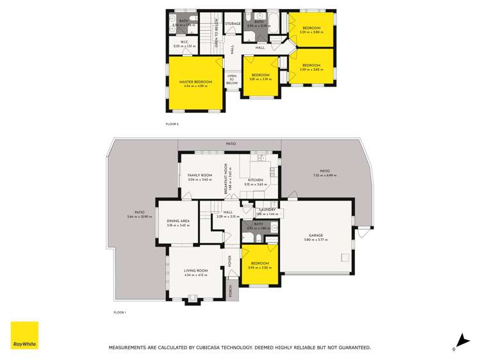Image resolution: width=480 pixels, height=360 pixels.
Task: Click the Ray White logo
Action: click(24, 335)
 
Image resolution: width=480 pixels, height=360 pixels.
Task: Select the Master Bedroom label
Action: click(195, 82)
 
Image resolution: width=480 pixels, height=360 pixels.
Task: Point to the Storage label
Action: click(233, 24)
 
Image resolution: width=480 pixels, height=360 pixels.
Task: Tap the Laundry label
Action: click(267, 209)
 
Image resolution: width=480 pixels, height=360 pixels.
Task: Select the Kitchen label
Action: click(256, 180)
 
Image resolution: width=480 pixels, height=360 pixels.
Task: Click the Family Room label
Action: click(199, 176)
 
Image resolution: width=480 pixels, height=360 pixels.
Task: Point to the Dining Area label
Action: click(178, 222)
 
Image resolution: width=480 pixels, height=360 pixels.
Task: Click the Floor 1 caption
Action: click(120, 312)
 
